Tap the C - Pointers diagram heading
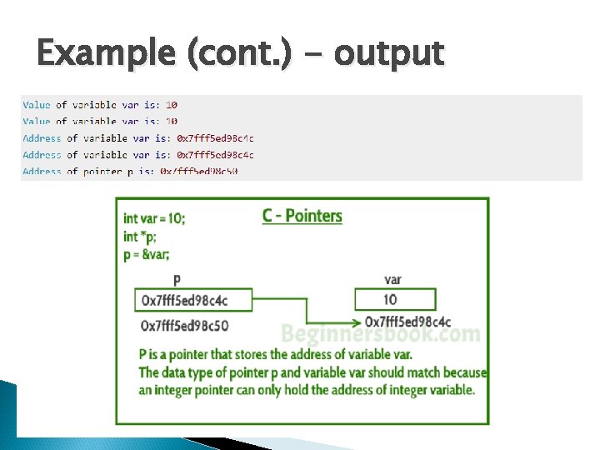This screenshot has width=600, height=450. point(302,216)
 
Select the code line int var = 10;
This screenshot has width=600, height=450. point(154,218)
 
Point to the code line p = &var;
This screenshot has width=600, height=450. point(146,255)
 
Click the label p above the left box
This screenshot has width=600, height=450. point(176,280)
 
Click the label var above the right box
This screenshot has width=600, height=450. point(392,280)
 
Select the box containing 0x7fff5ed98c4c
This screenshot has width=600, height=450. point(184,300)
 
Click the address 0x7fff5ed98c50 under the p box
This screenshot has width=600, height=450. point(184,325)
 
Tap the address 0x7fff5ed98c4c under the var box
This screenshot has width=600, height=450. point(408,322)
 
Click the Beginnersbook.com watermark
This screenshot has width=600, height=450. point(380,335)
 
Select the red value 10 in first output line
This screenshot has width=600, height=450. point(172,105)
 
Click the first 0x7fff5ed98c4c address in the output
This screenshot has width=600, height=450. point(215,138)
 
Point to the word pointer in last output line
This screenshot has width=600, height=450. point(100,172)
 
